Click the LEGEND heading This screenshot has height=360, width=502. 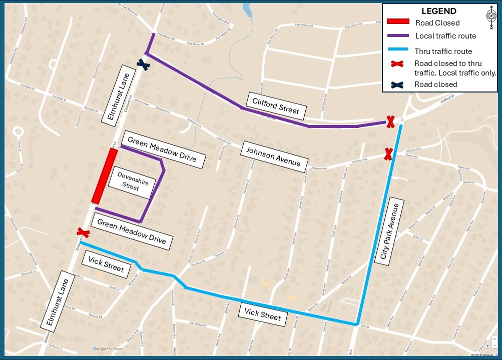point(438,11)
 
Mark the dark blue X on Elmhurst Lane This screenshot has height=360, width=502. point(144,64)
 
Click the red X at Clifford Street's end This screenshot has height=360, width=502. point(390,121)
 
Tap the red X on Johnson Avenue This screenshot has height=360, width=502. point(388,154)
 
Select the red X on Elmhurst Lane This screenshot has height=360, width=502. point(83,232)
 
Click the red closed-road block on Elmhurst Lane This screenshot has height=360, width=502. point(105,175)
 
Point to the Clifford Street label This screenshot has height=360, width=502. point(276,106)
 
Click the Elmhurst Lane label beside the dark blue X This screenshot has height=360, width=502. point(115,93)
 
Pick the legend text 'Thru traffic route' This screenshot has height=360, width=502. point(443,51)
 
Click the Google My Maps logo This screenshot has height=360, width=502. point(107,348)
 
